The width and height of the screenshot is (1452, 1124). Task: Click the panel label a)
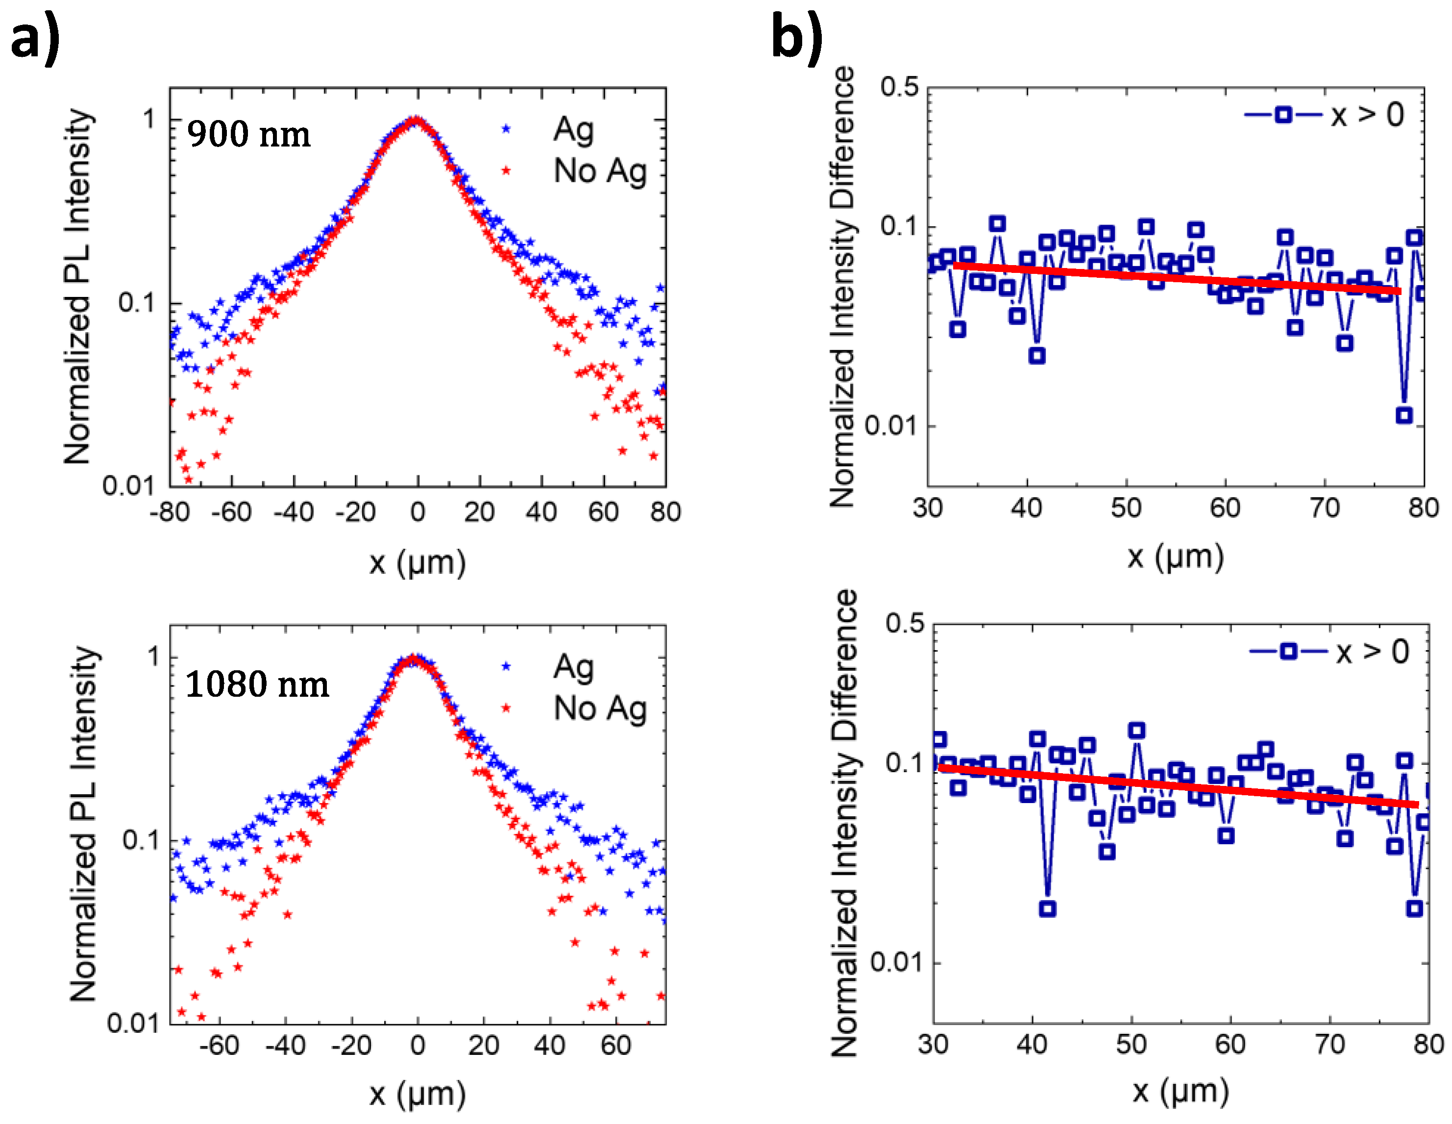tap(35, 39)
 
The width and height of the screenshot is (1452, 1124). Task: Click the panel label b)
tap(796, 39)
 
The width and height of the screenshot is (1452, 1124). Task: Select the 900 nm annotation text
tap(248, 134)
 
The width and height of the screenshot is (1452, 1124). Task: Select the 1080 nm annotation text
tap(257, 684)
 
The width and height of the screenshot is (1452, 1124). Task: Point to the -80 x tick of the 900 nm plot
tap(170, 513)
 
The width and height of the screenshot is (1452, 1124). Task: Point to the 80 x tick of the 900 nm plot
tap(665, 513)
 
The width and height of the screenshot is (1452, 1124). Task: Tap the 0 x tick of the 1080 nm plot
tap(417, 1046)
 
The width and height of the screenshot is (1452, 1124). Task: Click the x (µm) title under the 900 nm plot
tap(418, 563)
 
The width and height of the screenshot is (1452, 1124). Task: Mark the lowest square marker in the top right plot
tap(1403, 415)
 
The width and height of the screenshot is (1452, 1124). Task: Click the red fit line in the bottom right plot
tap(1177, 786)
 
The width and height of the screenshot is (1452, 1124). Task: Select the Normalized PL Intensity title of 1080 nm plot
tap(84, 824)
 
